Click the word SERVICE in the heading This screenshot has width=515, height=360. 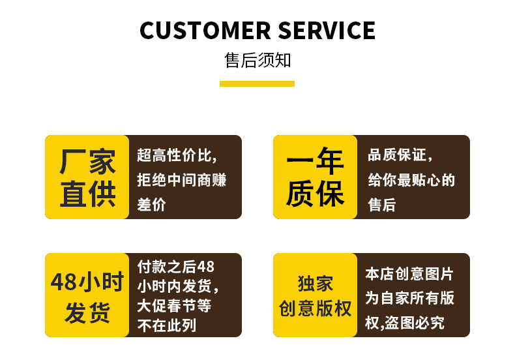point(327,31)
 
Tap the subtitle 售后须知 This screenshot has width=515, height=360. point(257,61)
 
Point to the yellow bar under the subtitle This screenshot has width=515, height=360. point(257,83)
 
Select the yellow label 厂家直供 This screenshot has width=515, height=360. point(87,177)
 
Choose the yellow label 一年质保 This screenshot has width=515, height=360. point(315,177)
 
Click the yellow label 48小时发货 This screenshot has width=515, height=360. point(87,295)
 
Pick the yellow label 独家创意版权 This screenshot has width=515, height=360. point(315,295)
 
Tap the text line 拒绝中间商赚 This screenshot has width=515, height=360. point(182,180)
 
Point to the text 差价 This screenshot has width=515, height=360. point(152,204)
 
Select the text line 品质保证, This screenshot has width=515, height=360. point(400,156)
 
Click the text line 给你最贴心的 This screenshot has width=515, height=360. point(411,180)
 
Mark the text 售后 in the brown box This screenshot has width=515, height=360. point(382,204)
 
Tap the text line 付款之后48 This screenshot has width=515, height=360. point(175,267)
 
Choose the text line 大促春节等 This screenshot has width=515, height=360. point(174,305)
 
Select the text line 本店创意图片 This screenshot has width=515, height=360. point(409,274)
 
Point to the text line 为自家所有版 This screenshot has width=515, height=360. point(409,298)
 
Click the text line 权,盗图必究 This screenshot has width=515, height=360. point(404,322)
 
